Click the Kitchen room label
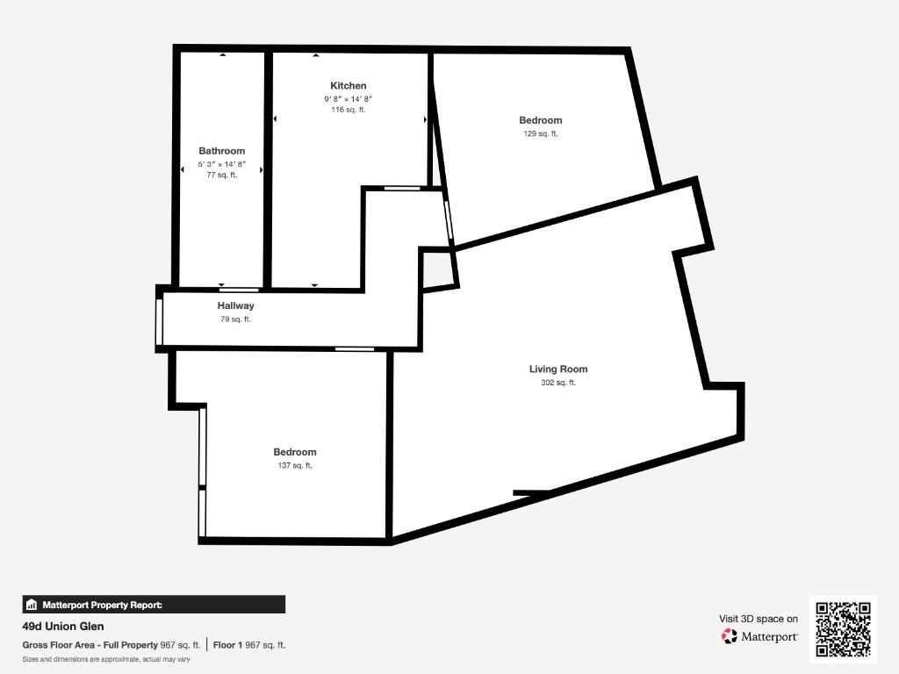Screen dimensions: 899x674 point(348,85)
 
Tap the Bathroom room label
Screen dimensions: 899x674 point(222,151)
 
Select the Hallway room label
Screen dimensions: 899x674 point(235,305)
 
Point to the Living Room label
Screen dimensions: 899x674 point(558,369)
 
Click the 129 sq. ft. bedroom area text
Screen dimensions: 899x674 point(541,133)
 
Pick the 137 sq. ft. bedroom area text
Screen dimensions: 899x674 point(295,465)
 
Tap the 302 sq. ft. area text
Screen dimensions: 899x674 point(558,383)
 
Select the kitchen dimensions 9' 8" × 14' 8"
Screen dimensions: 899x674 point(348,98)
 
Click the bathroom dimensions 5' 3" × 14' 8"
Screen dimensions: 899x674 point(222,164)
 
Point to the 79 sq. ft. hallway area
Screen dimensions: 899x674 point(235,319)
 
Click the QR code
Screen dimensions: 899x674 point(844,629)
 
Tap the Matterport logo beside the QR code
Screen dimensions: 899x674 point(759,636)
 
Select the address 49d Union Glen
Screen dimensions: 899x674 point(63,627)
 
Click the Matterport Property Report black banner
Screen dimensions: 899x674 point(154,605)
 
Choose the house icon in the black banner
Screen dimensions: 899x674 point(32,605)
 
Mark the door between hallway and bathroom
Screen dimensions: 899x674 point(239,290)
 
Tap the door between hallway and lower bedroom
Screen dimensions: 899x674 point(355,349)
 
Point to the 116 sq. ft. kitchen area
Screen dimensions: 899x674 point(348,110)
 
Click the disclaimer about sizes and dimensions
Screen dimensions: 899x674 point(106,659)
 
